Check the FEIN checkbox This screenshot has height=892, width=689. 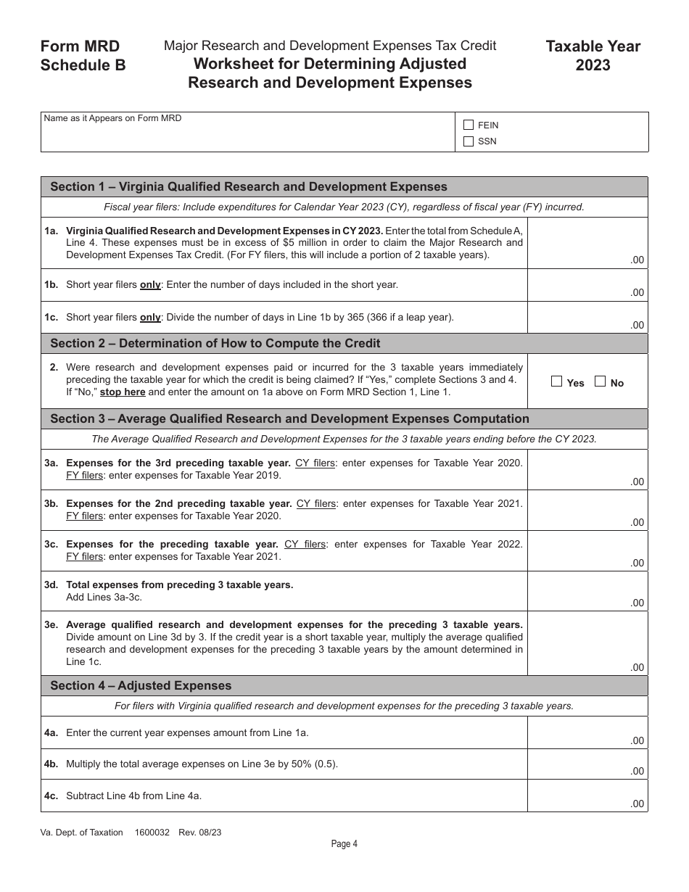pos(469,125)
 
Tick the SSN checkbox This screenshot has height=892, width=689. pos(469,141)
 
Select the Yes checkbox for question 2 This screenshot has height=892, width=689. pos(557,381)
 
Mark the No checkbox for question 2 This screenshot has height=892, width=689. pos(600,381)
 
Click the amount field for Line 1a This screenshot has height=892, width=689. pos(587,244)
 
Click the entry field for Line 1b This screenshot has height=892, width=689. pos(587,286)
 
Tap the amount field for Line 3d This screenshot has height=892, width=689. pos(587,591)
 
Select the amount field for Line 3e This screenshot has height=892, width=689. pos(587,644)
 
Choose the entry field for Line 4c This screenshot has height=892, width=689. pos(587,796)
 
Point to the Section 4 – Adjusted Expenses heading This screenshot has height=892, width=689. pos(141,686)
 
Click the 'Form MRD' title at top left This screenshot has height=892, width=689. pos(81,46)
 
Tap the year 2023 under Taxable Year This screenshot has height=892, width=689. pos(593,66)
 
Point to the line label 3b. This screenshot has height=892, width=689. pos(51,503)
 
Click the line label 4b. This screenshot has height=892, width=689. pos(51,764)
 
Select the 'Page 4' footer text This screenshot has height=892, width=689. pos(344,843)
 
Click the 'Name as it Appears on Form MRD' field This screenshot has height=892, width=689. pos(247,132)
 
